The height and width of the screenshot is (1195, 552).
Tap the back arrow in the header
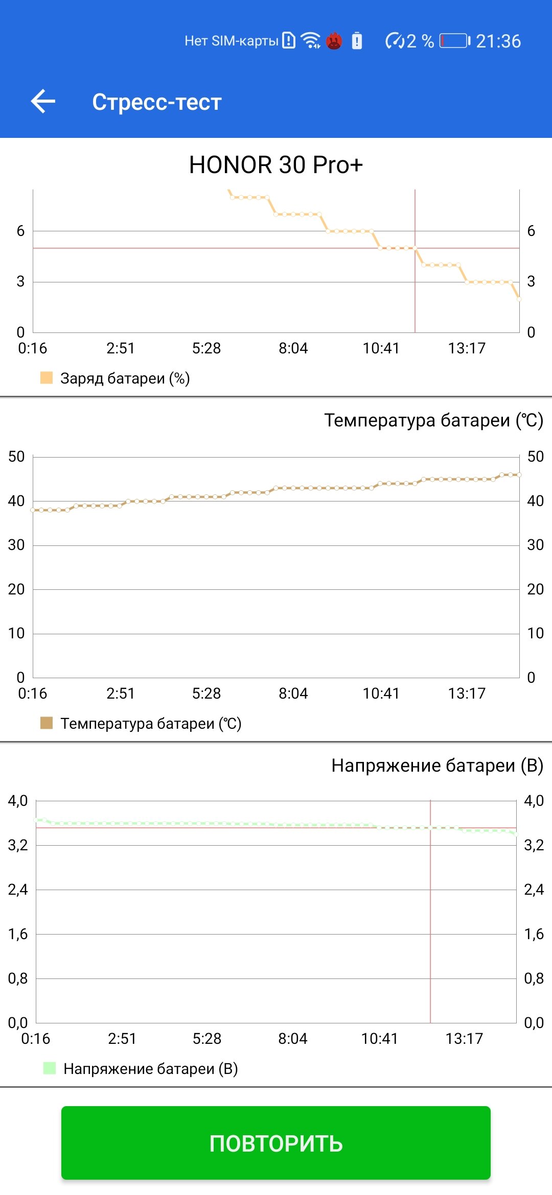pos(43,101)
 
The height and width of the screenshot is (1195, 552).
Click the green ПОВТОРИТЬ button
pos(276,1143)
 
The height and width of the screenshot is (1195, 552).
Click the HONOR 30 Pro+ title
pos(276,165)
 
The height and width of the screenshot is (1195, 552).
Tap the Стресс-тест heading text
pos(157,102)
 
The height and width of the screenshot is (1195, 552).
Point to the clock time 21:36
pos(498,41)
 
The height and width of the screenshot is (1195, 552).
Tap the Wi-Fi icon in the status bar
pos(310,40)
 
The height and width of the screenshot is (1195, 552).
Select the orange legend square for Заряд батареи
pos(47,378)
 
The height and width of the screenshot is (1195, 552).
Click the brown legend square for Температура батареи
pos(47,723)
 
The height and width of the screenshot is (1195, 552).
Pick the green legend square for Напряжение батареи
pos(50,1068)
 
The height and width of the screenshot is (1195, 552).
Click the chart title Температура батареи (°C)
pos(434,420)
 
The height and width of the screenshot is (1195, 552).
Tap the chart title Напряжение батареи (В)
pos(438,766)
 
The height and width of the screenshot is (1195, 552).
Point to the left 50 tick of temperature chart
pos(16,457)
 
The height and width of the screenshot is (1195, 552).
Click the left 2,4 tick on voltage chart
pos(18,890)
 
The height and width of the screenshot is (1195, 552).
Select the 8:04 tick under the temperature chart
pos(293,694)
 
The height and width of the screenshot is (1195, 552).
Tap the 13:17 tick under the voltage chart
pos(464,1039)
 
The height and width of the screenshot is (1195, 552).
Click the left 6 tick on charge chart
pos(20,231)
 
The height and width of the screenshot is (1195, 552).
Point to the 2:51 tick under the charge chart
pos(121,348)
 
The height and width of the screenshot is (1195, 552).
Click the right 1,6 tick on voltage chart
pos(534,934)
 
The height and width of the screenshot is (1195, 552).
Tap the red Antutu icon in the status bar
pos(334,40)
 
